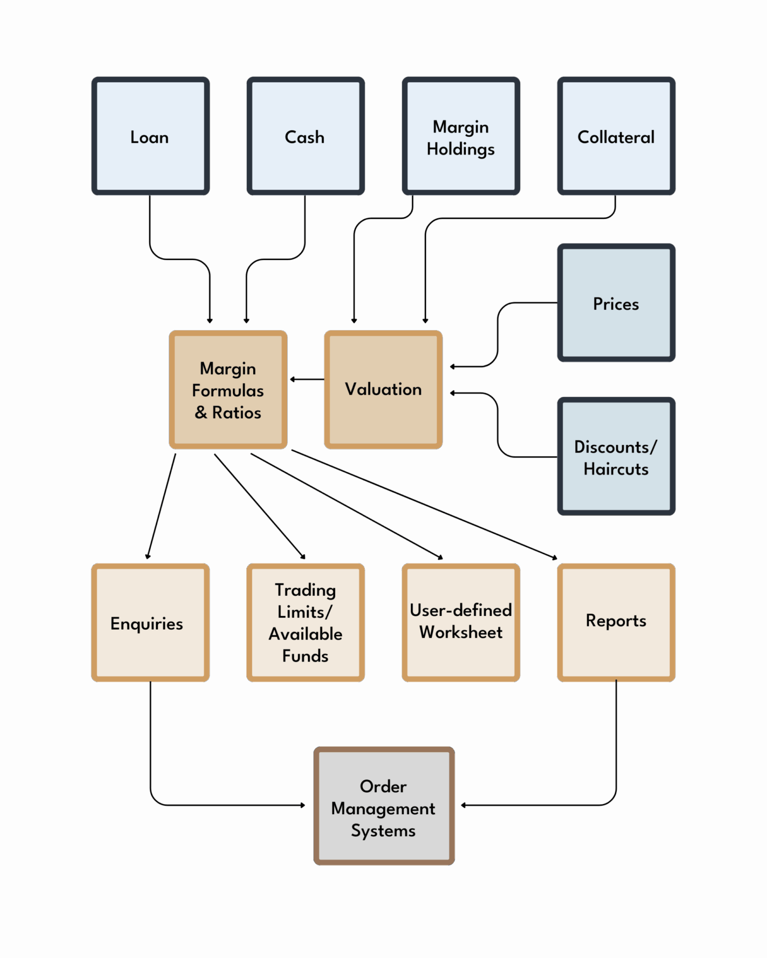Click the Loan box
coord(151,136)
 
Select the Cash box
coord(305,136)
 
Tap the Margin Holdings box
coord(461,136)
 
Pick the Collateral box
coord(616,136)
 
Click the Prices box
coord(616,303)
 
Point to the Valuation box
coord(383,389)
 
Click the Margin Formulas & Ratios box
coord(228,389)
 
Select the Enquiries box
coord(151,622)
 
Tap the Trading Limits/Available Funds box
coord(305,622)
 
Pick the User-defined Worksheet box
coord(461,622)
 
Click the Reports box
coord(616,622)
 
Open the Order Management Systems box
coord(384,806)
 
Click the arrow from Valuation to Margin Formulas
coord(307,379)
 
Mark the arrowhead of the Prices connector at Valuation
coord(452,367)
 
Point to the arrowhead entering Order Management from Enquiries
coord(302,805)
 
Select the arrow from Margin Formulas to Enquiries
coord(162,505)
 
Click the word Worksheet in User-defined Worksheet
coord(461,632)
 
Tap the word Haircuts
coord(616,469)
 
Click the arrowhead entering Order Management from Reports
coord(464,805)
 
